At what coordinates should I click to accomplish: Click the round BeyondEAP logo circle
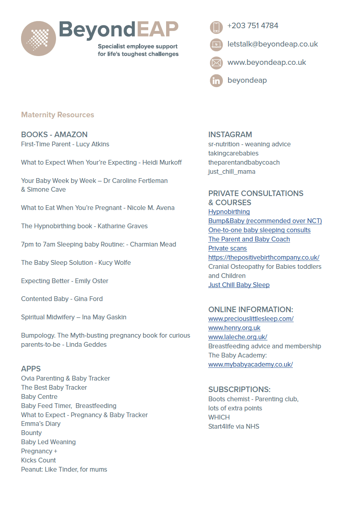39,39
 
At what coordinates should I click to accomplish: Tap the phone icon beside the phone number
216,27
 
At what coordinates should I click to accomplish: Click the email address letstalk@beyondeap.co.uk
273,44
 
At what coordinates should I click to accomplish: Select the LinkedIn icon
216,81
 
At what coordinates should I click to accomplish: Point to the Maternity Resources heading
58,115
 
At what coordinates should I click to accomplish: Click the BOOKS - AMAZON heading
54,135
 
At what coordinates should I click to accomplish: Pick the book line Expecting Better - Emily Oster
65,281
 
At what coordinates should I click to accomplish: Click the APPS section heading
31,369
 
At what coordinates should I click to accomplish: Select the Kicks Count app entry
39,460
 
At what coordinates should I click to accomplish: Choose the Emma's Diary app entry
41,424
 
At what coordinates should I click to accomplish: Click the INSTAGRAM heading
230,135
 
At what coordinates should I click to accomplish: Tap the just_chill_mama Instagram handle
232,172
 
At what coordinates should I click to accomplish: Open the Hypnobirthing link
229,212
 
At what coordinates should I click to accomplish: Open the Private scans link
227,249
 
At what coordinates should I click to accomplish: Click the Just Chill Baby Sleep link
239,285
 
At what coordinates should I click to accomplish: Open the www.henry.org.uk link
234,328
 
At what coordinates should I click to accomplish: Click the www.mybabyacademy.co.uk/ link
250,365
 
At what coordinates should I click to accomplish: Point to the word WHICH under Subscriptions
219,418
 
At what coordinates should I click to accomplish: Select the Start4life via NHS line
234,427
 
